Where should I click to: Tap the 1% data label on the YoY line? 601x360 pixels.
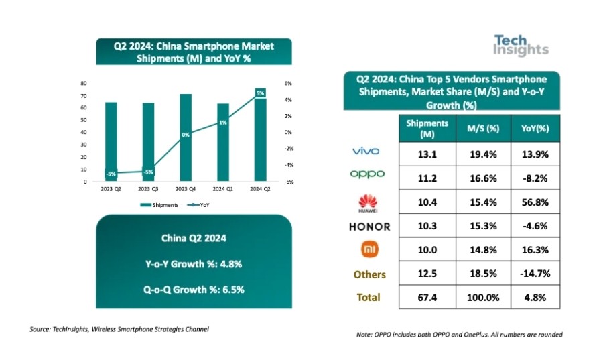tap(223, 123)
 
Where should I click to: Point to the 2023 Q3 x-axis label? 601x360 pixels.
tap(148, 190)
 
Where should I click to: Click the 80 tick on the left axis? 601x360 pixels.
tap(84, 83)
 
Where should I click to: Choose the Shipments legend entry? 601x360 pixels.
tap(161, 205)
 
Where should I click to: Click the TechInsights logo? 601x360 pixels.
tap(521, 44)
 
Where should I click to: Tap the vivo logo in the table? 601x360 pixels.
tap(368, 152)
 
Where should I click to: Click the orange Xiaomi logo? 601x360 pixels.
tap(369, 249)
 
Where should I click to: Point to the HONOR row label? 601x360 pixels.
tap(369, 226)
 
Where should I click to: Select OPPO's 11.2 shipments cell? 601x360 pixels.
tap(427, 177)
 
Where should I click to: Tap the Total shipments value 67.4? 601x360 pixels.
tap(427, 297)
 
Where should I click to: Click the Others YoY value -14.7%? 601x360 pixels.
tap(534, 274)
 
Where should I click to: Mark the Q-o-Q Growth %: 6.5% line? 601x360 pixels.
tap(194, 290)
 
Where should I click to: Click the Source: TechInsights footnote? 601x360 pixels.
tap(119, 329)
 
